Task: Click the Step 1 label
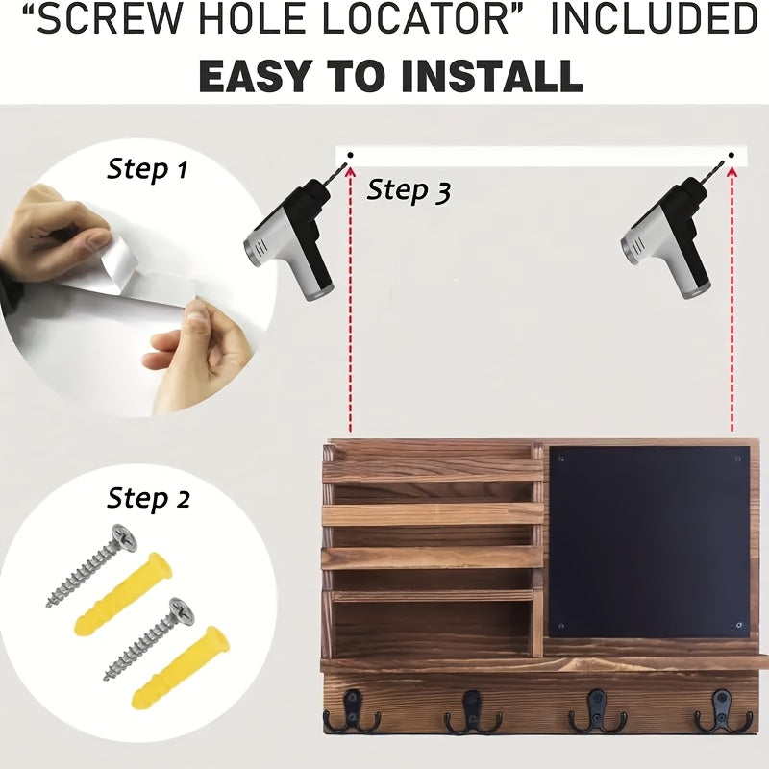pos(147,170)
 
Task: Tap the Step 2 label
pos(149,499)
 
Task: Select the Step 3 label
pos(409,190)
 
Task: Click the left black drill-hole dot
pos(350,156)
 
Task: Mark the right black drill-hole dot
pos(732,156)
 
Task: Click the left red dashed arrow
pos(350,299)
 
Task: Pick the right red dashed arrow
pos(732,299)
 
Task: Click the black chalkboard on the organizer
pos(650,542)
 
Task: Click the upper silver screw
pos(91,565)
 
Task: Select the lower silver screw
pos(149,639)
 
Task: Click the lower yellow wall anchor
pos(181,666)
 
